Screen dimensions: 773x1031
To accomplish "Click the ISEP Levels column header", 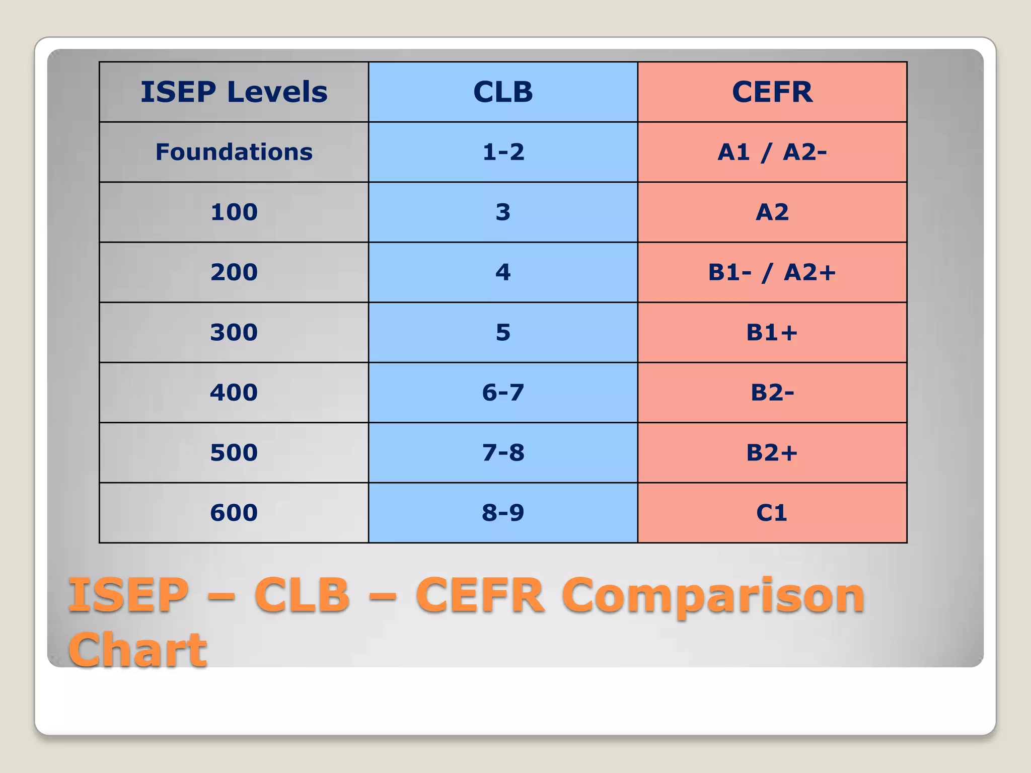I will click(x=234, y=92).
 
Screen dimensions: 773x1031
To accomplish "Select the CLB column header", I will click(x=503, y=92).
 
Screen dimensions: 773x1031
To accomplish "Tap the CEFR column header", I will click(x=772, y=92).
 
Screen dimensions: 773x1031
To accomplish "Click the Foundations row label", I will click(x=234, y=152).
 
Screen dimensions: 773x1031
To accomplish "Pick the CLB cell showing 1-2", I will click(x=503, y=152).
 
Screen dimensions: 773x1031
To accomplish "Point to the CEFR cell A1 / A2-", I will click(x=772, y=152).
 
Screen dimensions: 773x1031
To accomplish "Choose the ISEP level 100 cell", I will click(x=234, y=212).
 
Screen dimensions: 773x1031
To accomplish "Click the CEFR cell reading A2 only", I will click(x=772, y=212).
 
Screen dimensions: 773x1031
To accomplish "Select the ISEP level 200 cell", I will click(x=234, y=272).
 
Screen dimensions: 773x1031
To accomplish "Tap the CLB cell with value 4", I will click(x=503, y=272).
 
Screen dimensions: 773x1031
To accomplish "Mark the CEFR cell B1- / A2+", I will click(x=772, y=272).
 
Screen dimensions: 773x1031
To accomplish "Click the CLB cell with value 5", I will click(x=503, y=332).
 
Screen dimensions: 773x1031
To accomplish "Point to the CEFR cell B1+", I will click(x=772, y=332).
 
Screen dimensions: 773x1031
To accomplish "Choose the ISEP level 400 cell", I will click(x=234, y=393).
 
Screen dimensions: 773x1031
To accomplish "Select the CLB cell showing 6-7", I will click(x=503, y=393).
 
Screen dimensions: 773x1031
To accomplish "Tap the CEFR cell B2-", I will click(x=772, y=393).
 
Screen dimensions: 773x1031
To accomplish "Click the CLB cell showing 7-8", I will click(x=503, y=452).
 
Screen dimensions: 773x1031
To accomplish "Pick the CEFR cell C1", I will click(x=772, y=513).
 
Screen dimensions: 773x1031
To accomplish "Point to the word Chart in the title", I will click(x=137, y=650).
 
